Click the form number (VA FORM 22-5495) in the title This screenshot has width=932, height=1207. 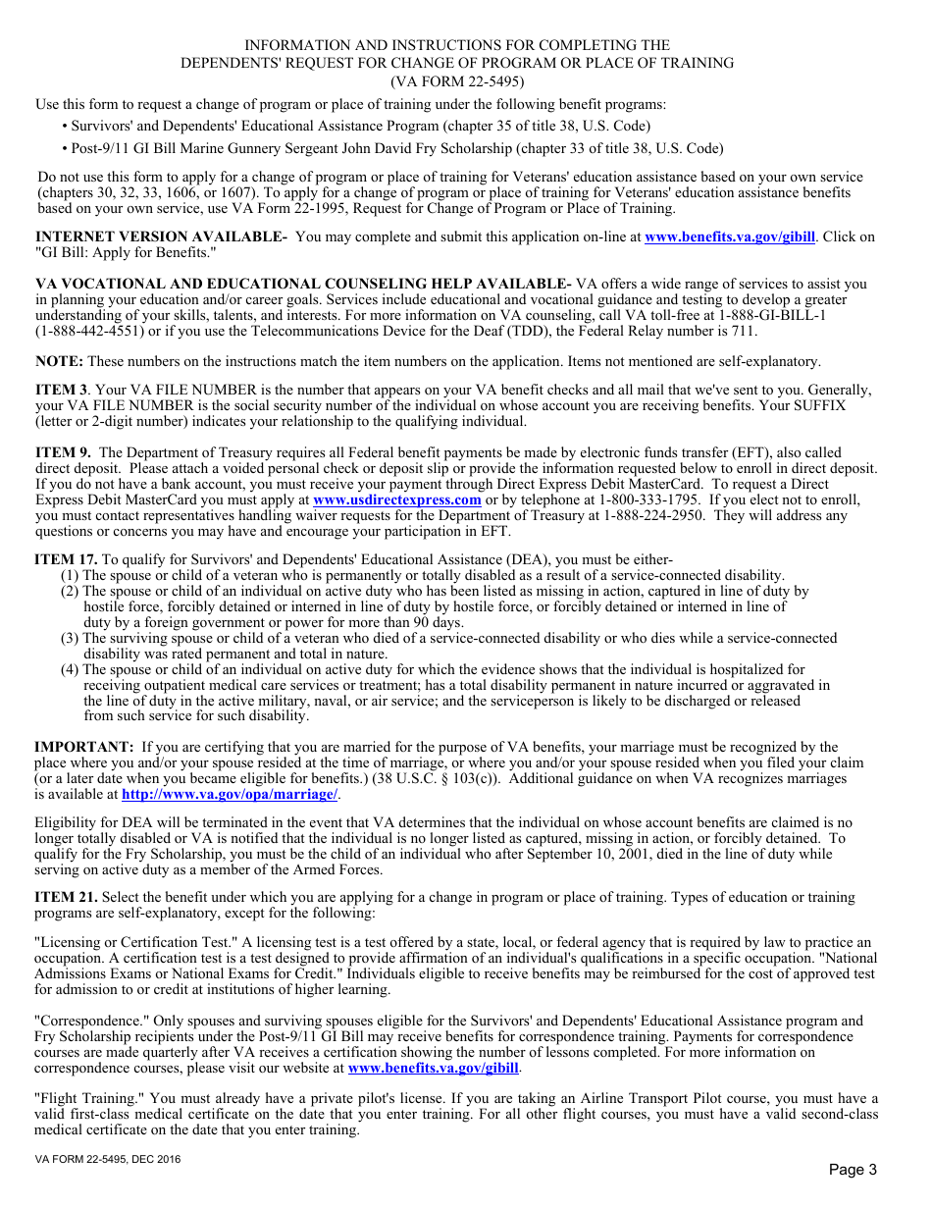457,81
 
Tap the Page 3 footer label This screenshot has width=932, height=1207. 853,1169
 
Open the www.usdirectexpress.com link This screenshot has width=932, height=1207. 396,499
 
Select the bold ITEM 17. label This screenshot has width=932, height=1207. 66,559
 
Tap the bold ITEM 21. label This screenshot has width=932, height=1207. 66,897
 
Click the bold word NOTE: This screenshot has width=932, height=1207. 59,361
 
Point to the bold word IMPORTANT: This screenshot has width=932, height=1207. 83,747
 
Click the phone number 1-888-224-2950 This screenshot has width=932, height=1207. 653,515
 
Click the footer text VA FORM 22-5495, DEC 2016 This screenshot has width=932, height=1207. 107,1159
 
